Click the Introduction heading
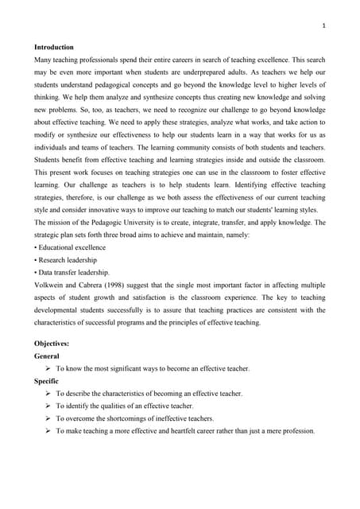coord(54,47)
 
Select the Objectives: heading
coord(52,343)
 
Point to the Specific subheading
coord(48,381)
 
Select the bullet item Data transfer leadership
coord(72,272)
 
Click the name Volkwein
coord(50,284)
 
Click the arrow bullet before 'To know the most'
coord(48,368)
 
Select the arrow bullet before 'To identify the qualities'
coord(48,406)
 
